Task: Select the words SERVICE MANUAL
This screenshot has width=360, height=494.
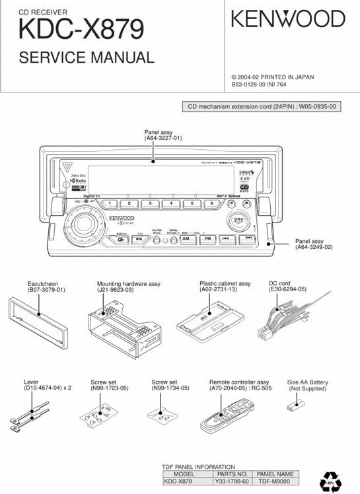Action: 86,57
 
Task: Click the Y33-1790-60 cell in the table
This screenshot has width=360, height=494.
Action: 231,481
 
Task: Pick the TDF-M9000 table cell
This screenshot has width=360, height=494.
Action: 274,481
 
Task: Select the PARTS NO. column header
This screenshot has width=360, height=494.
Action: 231,474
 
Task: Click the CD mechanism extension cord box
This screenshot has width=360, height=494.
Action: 262,106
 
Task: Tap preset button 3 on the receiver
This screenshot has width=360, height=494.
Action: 150,203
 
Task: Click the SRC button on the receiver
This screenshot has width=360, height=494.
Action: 238,220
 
